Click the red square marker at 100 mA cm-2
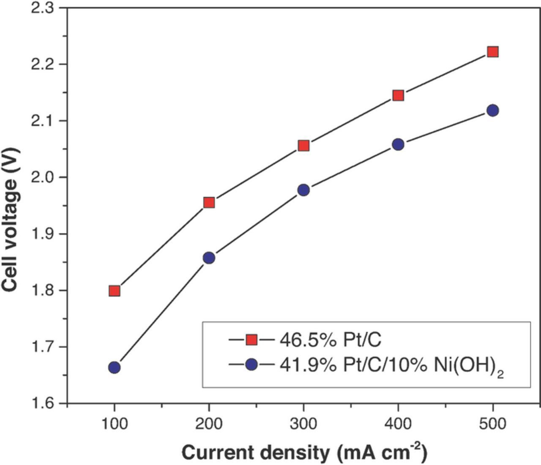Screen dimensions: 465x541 (114, 291)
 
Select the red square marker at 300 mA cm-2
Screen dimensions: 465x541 (303, 146)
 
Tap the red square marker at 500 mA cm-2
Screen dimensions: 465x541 (492, 52)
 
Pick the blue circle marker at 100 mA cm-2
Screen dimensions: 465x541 (114, 367)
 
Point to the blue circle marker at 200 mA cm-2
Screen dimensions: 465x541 (209, 258)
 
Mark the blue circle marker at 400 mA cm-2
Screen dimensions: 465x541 (398, 144)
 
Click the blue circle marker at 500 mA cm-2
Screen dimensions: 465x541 (492, 111)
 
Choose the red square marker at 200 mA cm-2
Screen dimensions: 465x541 (209, 203)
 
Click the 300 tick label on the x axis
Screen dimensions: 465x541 (303, 424)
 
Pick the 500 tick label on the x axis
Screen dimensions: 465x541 (492, 424)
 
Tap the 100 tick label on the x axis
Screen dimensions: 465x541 (114, 424)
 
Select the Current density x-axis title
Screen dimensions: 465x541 (304, 453)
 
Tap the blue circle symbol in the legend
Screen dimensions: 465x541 (252, 364)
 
